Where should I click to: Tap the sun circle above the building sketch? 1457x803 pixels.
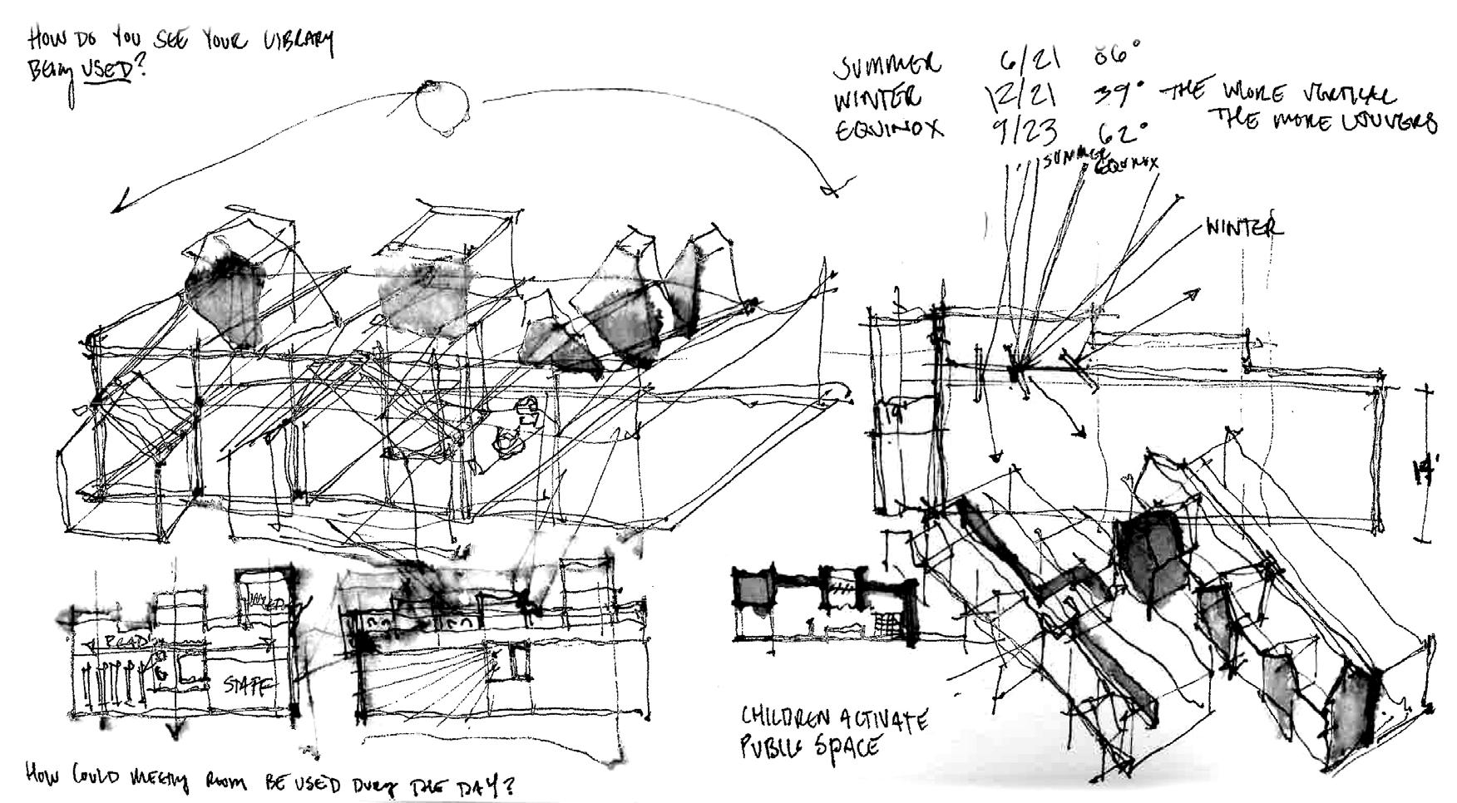(x=442, y=107)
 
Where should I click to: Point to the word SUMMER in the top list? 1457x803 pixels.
(x=889, y=65)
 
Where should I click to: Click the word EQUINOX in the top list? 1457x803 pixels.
(x=889, y=131)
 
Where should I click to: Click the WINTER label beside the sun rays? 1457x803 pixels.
(x=1244, y=226)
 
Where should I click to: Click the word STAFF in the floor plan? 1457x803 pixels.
(x=247, y=685)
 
